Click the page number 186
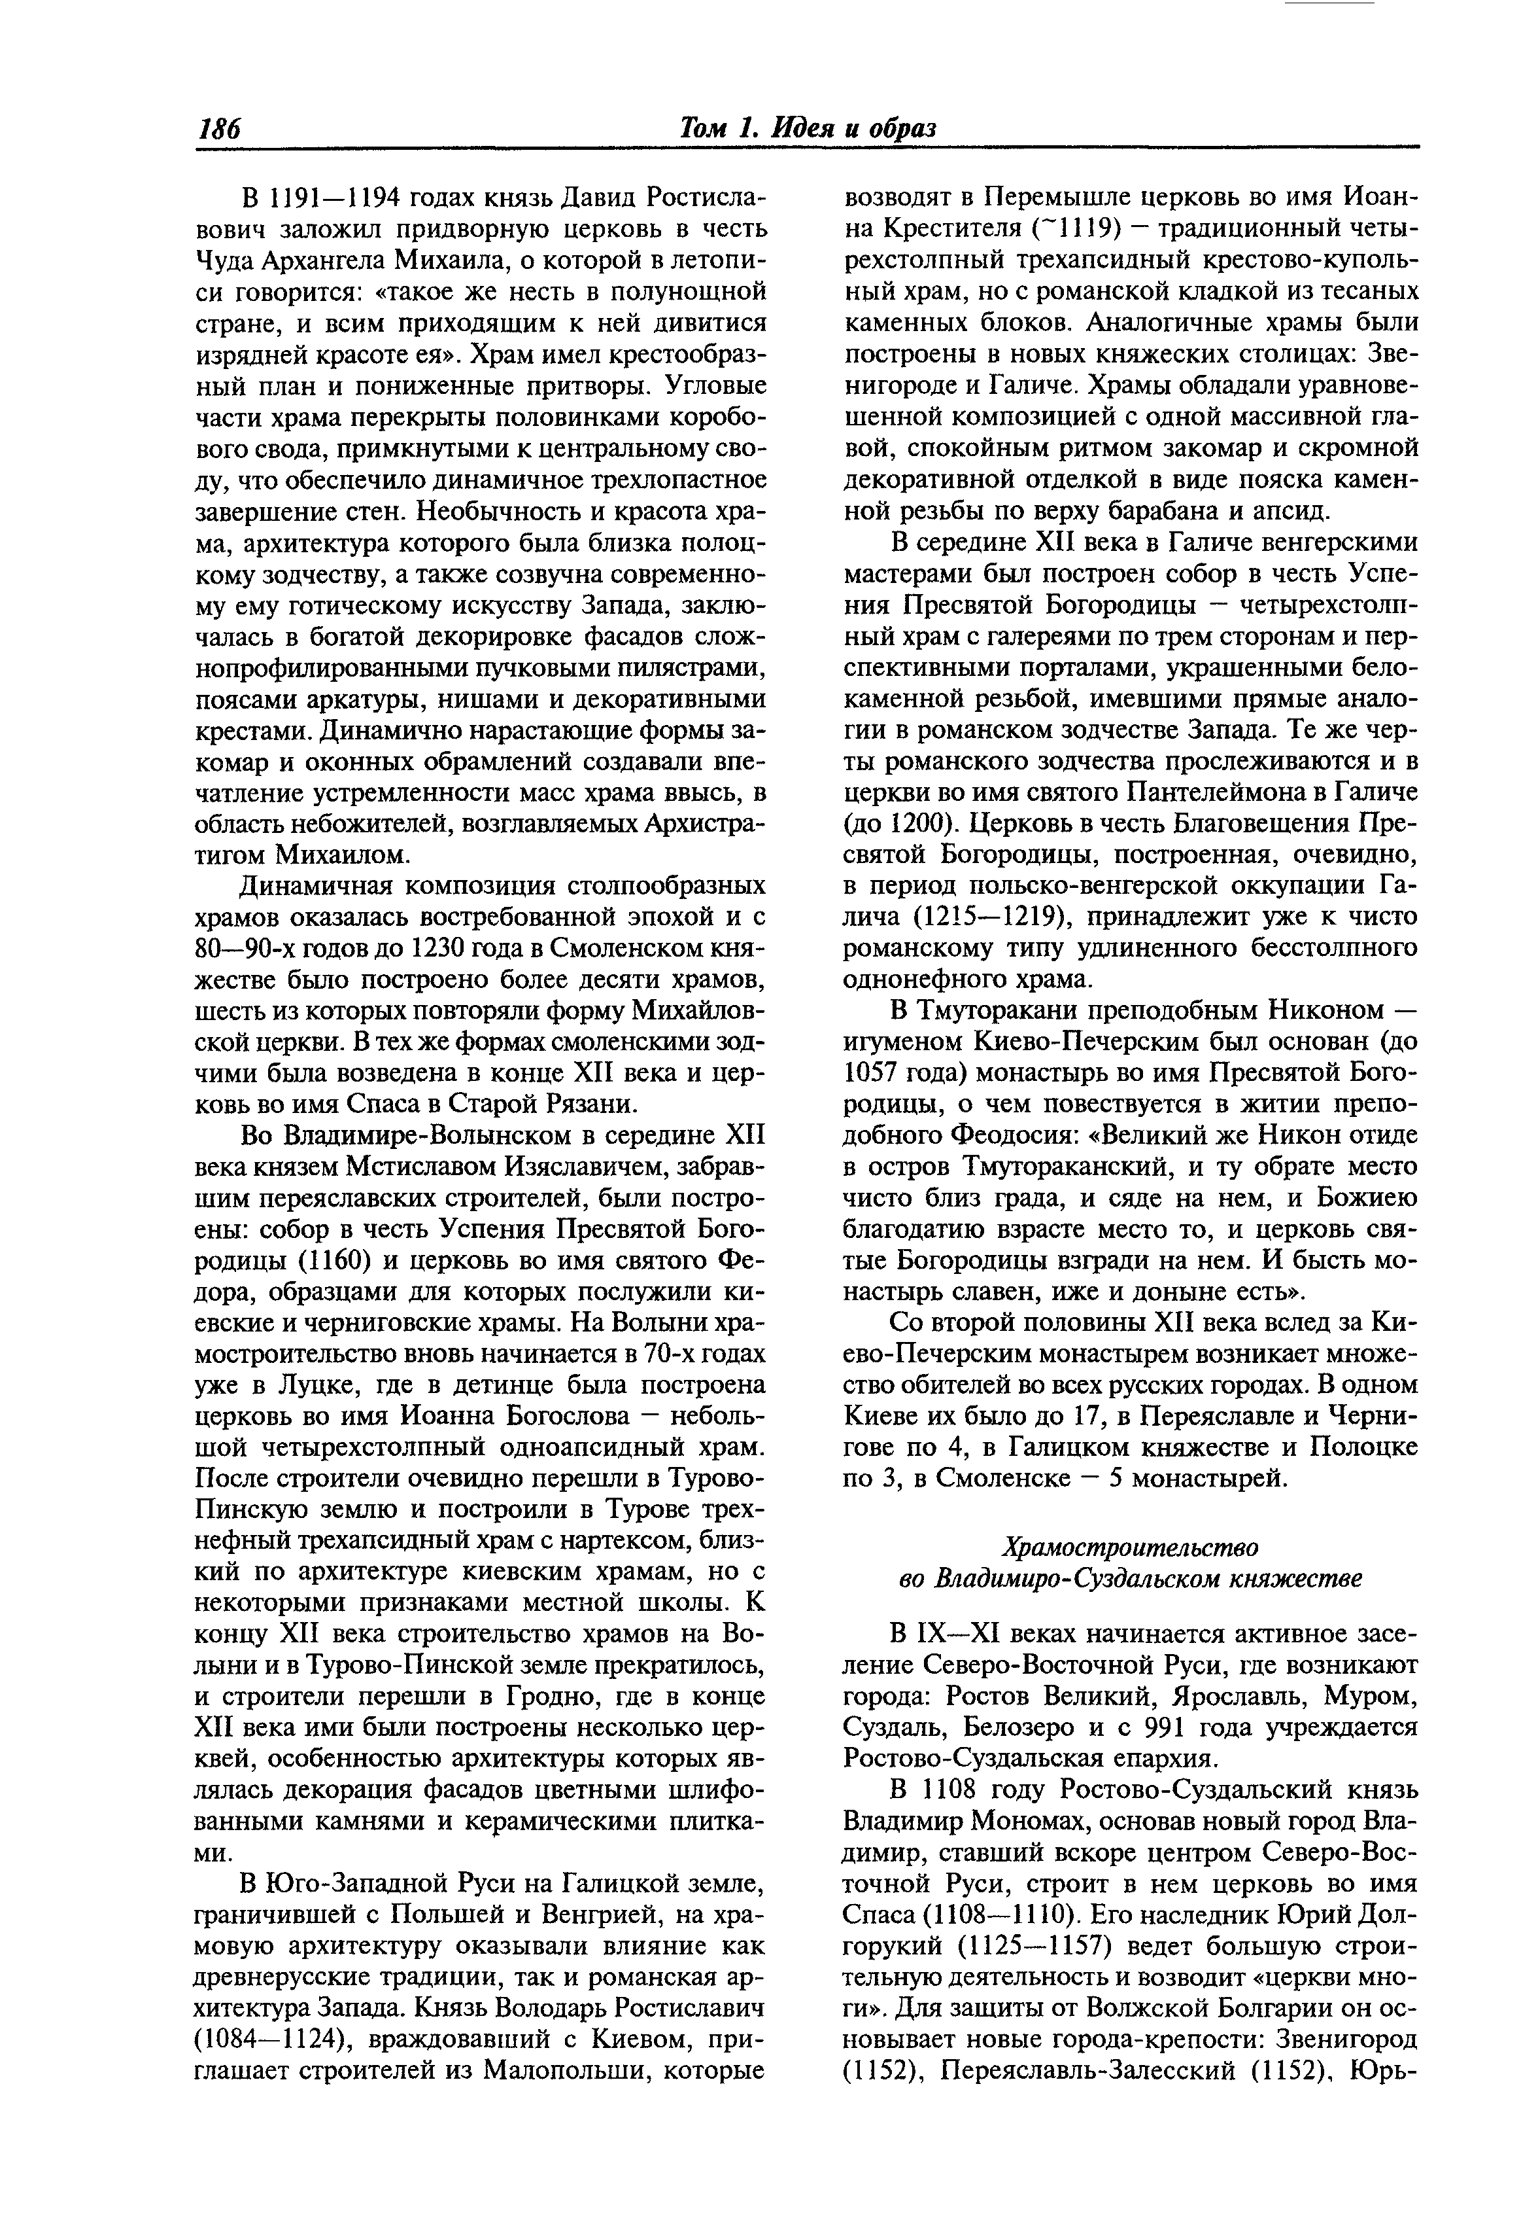coord(219,129)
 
